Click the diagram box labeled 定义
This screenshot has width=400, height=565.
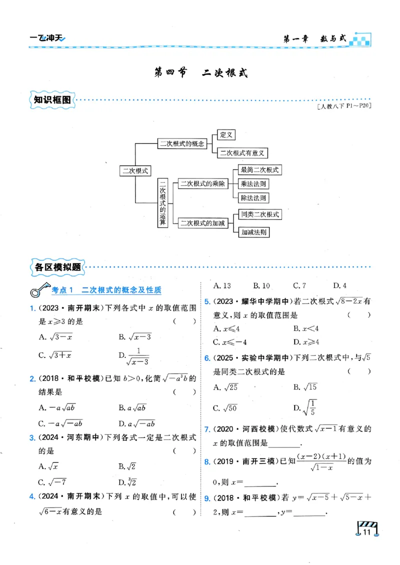226,134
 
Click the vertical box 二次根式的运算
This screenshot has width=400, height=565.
162,203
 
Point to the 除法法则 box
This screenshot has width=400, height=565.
253,197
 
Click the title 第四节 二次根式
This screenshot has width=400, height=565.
200,73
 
